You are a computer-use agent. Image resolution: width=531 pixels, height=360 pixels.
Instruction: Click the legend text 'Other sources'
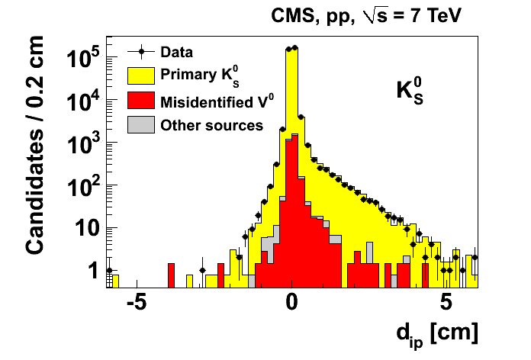coord(211,125)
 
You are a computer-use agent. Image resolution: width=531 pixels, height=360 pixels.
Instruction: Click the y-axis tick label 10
coord(85,229)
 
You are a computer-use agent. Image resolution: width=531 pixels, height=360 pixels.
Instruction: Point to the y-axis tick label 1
coord(92,270)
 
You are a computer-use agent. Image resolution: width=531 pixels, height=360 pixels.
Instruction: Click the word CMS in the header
coord(291,14)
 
